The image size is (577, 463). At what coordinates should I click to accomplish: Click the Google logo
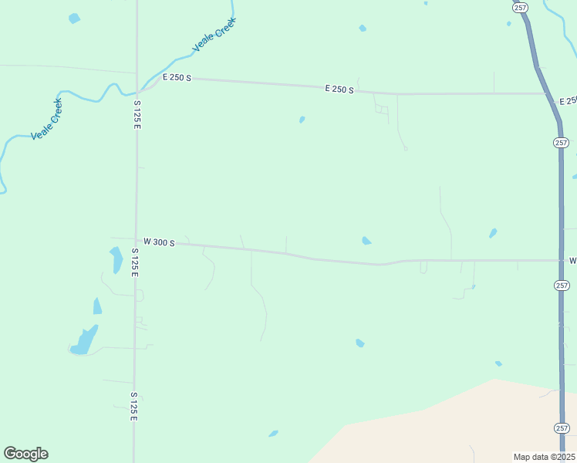[x=25, y=454]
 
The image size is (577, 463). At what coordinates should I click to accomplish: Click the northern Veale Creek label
[x=214, y=35]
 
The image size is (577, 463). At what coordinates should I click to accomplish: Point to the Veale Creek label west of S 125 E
[x=46, y=119]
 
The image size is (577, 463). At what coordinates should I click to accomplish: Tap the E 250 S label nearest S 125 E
[x=177, y=79]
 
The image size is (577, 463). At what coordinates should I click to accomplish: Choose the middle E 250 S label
[x=339, y=90]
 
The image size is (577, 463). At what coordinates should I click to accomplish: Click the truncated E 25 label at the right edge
[x=568, y=101]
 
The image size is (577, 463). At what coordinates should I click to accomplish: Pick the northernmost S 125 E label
[x=137, y=114]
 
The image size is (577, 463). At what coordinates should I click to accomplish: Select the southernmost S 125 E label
[x=133, y=406]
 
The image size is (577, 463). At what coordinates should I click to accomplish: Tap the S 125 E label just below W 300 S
[x=135, y=262]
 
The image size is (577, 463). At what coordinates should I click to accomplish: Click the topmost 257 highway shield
[x=519, y=6]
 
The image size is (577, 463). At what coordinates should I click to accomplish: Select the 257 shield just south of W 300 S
[x=562, y=285]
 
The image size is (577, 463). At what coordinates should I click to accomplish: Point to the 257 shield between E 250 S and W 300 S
[x=561, y=143]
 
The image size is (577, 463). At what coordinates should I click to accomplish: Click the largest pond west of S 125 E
[x=83, y=340]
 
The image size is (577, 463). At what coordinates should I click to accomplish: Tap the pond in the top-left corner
[x=74, y=18]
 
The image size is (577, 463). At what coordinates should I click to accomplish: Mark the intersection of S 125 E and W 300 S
[x=137, y=241]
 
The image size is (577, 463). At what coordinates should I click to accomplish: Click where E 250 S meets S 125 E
[x=138, y=86]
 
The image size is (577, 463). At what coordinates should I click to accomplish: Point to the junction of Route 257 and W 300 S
[x=561, y=261]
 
